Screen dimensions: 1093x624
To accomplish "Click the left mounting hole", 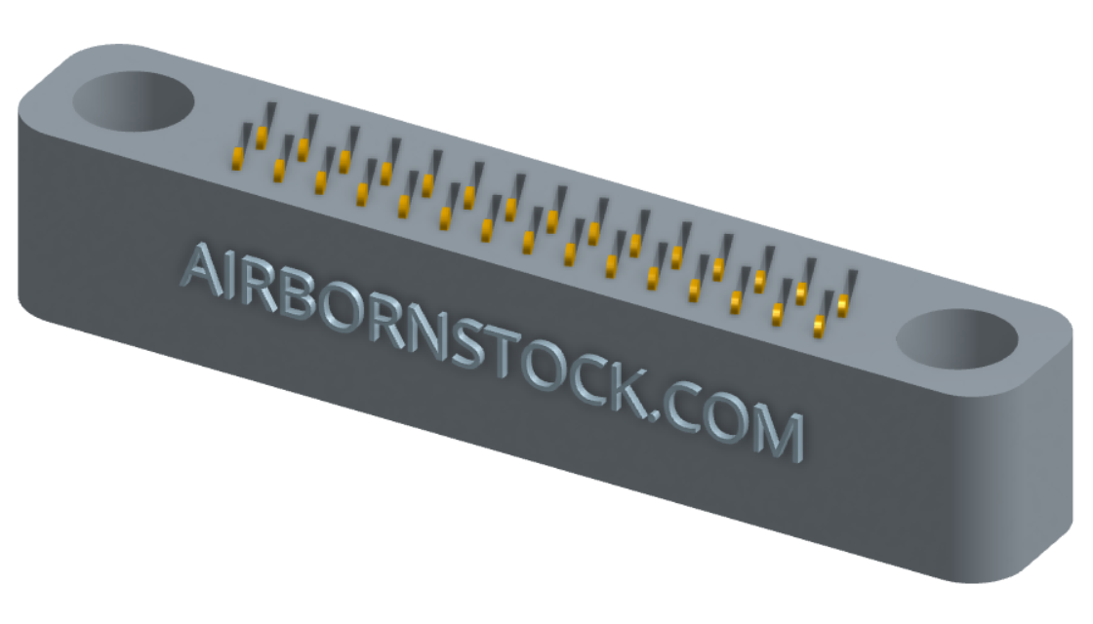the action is [133, 100].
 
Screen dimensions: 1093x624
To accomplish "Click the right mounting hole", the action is [956, 339].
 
